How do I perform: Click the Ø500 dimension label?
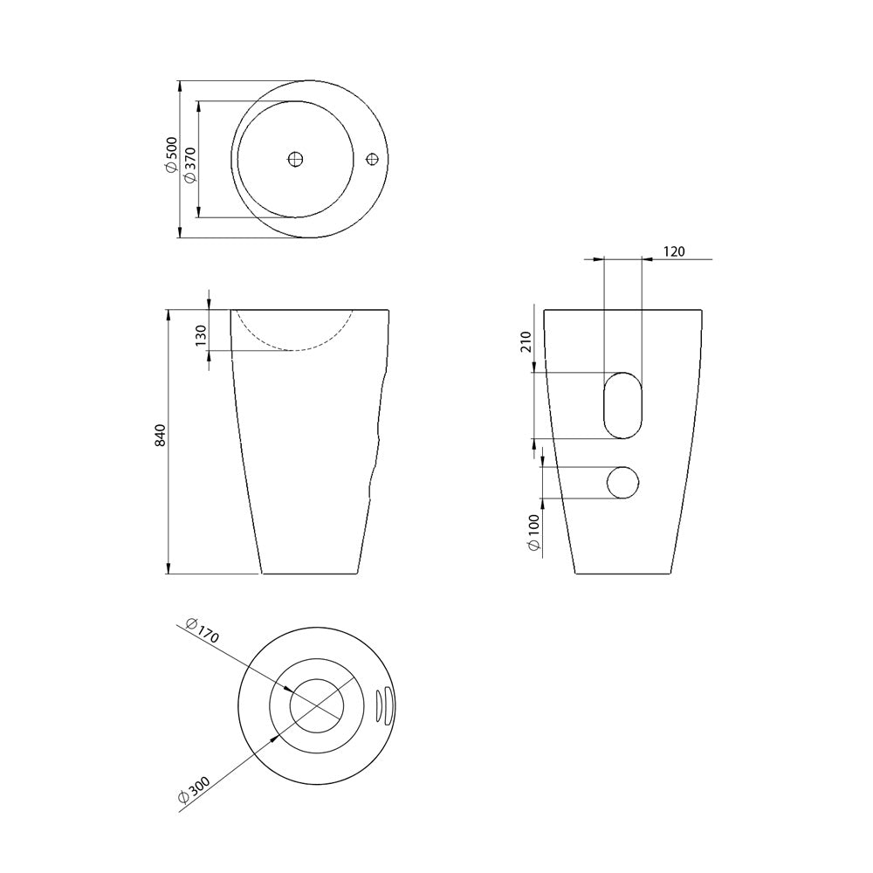(x=171, y=155)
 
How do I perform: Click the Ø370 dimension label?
(x=189, y=164)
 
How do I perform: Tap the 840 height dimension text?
(x=160, y=435)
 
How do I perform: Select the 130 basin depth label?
(x=201, y=335)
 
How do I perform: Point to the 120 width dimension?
(x=674, y=251)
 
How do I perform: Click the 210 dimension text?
(x=526, y=341)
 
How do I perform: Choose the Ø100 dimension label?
(x=533, y=533)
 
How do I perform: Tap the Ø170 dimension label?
(x=203, y=630)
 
